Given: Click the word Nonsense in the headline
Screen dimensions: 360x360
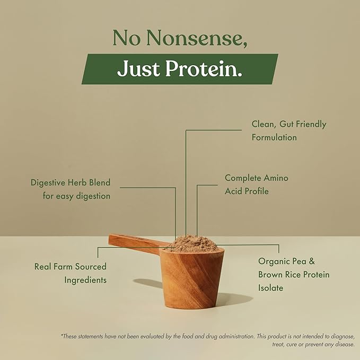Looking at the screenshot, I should pyautogui.click(x=199, y=38).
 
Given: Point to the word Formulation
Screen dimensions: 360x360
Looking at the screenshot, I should pyautogui.click(x=274, y=137).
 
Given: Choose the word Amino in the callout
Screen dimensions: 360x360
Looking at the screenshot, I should pyautogui.click(x=276, y=178).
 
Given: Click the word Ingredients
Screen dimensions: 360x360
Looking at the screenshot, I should pyautogui.click(x=86, y=279).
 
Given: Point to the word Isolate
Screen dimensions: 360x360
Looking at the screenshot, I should pyautogui.click(x=271, y=288).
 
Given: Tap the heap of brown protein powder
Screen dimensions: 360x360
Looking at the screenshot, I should pyautogui.click(x=191, y=243).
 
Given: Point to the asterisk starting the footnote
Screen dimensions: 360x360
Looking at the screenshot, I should pyautogui.click(x=62, y=335).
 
